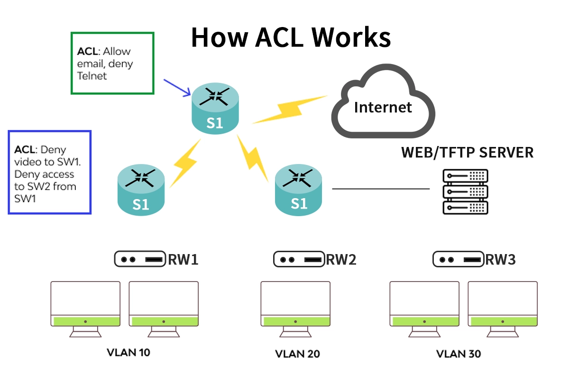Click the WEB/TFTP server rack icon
click(465, 191)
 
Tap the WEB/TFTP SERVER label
click(467, 153)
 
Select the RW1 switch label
click(183, 260)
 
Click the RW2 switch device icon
click(299, 260)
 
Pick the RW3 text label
click(500, 260)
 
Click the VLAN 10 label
click(128, 353)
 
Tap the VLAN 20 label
click(297, 354)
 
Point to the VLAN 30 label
click(458, 354)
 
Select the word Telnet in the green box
click(92, 76)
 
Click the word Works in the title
click(354, 37)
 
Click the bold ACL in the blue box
click(25, 150)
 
